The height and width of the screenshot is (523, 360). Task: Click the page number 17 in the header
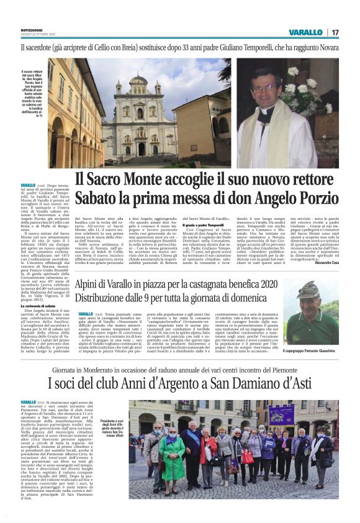point(335,32)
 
